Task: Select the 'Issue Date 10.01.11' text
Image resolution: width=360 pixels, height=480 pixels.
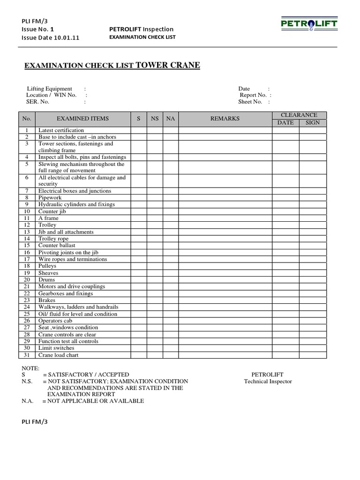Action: (x=50, y=38)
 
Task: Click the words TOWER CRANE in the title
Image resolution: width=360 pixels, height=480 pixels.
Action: (x=168, y=65)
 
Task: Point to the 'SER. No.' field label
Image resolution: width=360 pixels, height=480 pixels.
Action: (x=38, y=102)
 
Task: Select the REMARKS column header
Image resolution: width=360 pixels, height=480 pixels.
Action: (x=225, y=119)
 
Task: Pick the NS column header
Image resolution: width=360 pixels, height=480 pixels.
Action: (x=155, y=119)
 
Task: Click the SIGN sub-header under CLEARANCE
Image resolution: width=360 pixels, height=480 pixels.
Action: (x=313, y=123)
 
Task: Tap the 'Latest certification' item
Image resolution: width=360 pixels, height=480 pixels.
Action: (x=61, y=130)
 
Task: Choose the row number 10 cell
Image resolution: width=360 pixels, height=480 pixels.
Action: (x=27, y=211)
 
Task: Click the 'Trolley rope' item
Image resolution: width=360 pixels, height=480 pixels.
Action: (x=53, y=239)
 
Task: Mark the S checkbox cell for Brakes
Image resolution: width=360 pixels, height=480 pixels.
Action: (x=139, y=300)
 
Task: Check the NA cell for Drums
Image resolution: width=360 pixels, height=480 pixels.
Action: (x=171, y=279)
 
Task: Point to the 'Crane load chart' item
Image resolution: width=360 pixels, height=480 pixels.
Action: (x=59, y=355)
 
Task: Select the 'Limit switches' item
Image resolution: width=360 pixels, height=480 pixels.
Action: (x=56, y=348)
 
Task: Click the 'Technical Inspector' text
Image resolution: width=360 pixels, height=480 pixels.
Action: (x=268, y=382)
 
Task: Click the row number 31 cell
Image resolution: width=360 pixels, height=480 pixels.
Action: (x=27, y=355)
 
